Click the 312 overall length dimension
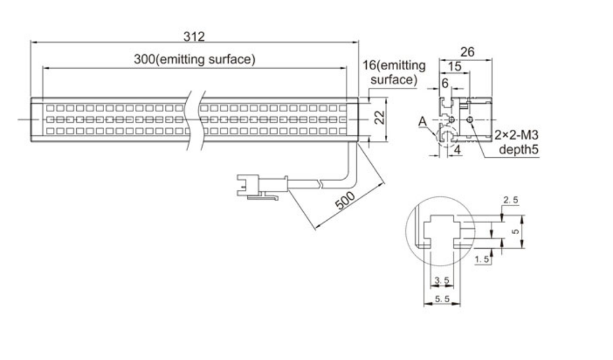194,36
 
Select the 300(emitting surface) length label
194,59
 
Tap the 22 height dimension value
379,118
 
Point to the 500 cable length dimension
346,200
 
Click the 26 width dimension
467,52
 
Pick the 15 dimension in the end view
454,66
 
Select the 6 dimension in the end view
445,83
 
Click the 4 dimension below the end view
457,150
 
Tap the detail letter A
422,122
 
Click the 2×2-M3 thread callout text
516,135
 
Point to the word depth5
519,149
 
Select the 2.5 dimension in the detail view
511,200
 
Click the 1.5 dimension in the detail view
481,259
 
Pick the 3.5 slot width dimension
442,280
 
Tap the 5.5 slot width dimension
442,299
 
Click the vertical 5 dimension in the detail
516,231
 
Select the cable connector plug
262,186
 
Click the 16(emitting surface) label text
394,72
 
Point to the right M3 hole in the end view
470,119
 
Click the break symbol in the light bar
196,120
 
